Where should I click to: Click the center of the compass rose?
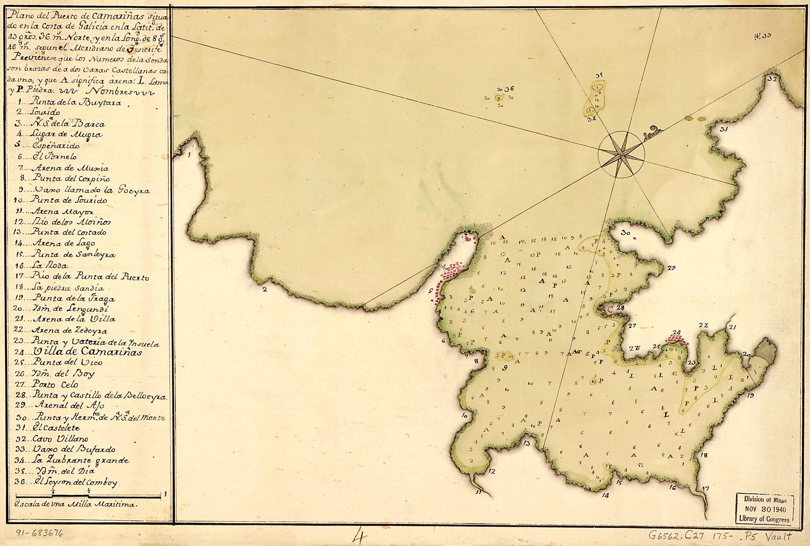pos(621,155)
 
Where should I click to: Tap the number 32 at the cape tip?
pos(772,79)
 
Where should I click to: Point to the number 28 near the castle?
pos(620,308)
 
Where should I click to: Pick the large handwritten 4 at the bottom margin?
pos(361,537)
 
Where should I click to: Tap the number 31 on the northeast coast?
pos(724,129)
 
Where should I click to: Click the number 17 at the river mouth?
pos(705,489)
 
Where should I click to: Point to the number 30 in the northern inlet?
pos(625,233)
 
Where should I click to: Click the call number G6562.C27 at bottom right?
pos(680,536)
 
